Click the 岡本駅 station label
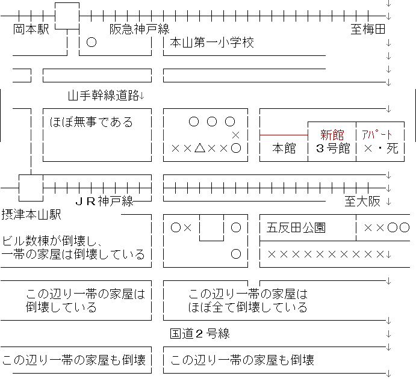tap(31, 29)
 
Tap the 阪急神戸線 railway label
tap(140, 29)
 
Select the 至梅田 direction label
tap(368, 29)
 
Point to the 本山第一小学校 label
tap(212, 42)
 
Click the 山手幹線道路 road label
tap(104, 96)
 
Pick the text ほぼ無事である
tap(92, 122)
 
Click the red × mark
tap(235, 135)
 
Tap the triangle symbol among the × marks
tap(200, 148)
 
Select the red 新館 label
tap(332, 135)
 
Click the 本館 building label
tap(284, 148)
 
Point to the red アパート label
tap(377, 135)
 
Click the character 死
tap(393, 148)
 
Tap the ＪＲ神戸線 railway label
tap(105, 202)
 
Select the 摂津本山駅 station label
tap(31, 214)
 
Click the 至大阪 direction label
tap(362, 202)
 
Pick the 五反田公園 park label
tap(296, 227)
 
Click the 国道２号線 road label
tap(200, 334)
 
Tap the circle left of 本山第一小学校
tap(92, 42)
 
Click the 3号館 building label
tap(333, 148)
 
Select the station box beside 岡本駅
tap(67, 16)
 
